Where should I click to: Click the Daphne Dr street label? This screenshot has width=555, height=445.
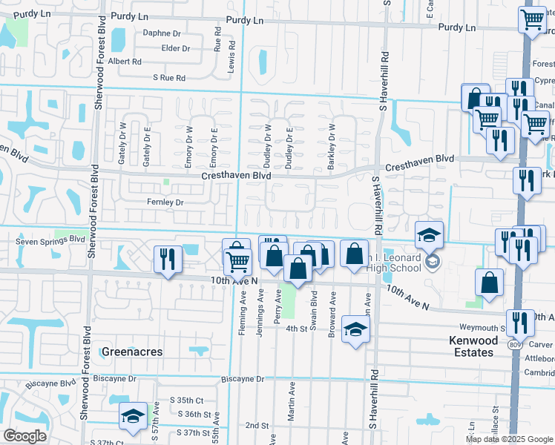click(162, 33)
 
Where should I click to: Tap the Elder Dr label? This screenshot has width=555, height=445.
click(176, 49)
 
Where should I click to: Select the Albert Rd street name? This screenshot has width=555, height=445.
click(125, 62)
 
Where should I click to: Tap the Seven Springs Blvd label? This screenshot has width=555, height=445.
click(45, 241)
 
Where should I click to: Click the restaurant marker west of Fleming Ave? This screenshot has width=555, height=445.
click(167, 259)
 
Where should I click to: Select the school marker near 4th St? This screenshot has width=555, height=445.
click(355, 331)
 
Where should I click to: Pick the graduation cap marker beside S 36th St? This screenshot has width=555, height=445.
click(134, 416)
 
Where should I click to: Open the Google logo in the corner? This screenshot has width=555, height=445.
click(24, 436)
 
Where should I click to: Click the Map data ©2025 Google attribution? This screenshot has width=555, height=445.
click(509, 439)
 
